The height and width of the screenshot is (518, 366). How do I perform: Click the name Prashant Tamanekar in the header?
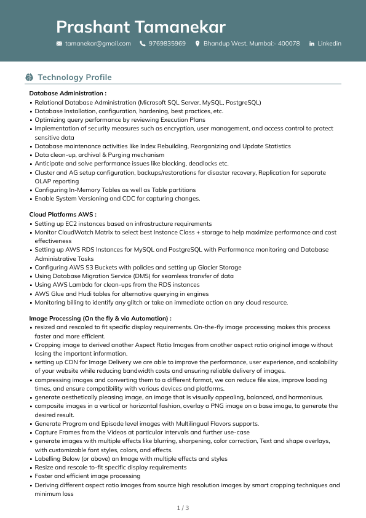141,27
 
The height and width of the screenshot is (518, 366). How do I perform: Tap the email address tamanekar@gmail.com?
98,44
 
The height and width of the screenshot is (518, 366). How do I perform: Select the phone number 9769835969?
167,44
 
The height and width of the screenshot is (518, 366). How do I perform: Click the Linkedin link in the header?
329,44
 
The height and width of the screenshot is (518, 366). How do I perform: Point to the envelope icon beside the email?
59,44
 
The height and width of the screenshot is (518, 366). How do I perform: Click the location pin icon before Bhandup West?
197,44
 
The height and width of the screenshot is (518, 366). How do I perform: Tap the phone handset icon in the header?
143,44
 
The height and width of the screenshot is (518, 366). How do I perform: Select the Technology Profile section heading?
74,78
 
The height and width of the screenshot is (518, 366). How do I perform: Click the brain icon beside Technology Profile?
29,78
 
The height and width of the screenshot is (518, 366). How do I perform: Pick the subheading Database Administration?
68,94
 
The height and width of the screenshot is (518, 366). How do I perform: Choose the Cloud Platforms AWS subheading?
63,215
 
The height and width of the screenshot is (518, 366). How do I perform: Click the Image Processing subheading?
100,319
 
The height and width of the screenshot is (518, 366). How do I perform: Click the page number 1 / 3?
183,508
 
